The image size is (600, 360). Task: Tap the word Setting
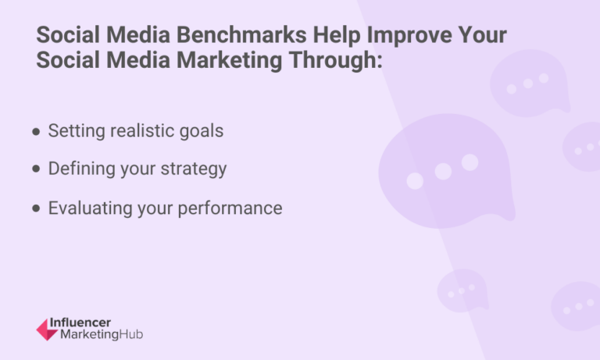pyautogui.click(x=75, y=131)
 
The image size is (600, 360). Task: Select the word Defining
pyautogui.click(x=79, y=169)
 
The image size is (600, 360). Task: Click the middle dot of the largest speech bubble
pyautogui.click(x=443, y=171)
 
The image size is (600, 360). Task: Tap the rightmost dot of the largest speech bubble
pyautogui.click(x=470, y=162)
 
